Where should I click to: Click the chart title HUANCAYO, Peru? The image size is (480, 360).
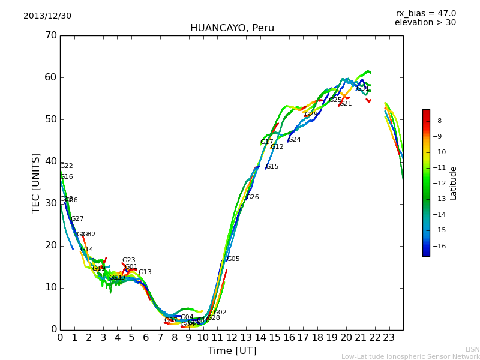(x=232, y=28)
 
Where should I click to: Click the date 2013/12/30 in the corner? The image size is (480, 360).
(x=47, y=16)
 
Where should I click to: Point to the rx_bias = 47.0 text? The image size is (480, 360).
(x=425, y=14)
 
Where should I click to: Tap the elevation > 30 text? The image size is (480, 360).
(x=425, y=23)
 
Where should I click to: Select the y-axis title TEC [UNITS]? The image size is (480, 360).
(x=36, y=182)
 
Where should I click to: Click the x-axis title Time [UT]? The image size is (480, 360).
(x=232, y=351)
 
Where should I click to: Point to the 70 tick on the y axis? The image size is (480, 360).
(x=50, y=35)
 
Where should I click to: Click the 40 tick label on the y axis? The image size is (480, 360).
(x=50, y=161)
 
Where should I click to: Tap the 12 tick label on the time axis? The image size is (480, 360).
(x=232, y=337)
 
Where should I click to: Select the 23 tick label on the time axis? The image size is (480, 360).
(x=389, y=337)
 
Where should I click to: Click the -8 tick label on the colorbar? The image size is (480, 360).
(x=437, y=121)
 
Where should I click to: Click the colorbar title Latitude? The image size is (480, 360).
(x=454, y=183)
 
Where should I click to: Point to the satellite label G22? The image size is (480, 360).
(x=67, y=166)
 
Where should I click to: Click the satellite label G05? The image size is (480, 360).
(x=233, y=259)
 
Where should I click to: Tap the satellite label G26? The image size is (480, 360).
(x=253, y=197)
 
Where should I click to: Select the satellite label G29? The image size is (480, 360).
(x=311, y=115)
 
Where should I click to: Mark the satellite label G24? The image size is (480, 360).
(x=295, y=140)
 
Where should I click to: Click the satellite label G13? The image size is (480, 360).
(x=145, y=272)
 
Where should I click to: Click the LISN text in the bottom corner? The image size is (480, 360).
(x=473, y=349)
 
